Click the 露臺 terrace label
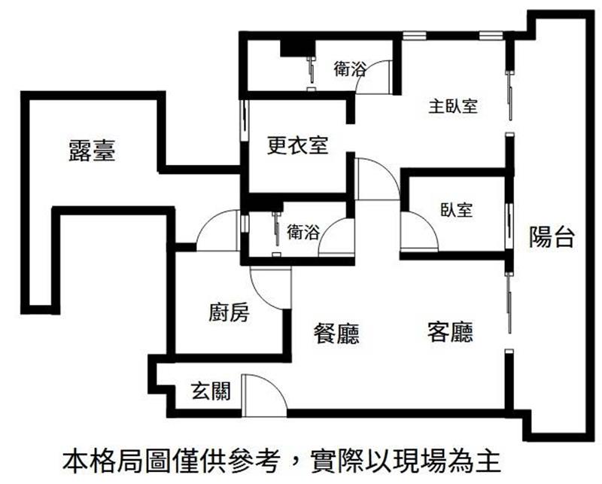[92, 151]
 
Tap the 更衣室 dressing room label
[297, 145]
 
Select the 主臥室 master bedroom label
[453, 106]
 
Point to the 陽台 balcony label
[552, 236]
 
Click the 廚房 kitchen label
[229, 312]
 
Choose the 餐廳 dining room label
[336, 333]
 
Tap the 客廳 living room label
[450, 332]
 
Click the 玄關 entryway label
[211, 391]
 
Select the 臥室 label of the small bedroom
[456, 210]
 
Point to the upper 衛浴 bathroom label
[349, 68]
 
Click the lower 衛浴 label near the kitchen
[303, 232]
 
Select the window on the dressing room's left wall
[244, 121]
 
